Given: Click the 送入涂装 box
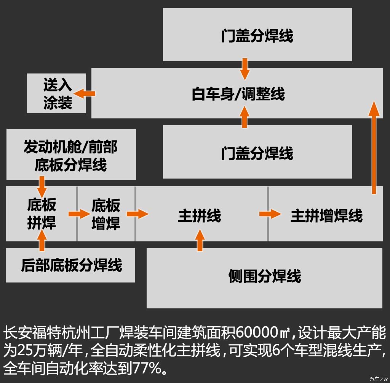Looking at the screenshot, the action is (56, 93).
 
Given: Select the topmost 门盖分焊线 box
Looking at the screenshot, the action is (257, 35).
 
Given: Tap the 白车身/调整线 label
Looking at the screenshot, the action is (238, 94).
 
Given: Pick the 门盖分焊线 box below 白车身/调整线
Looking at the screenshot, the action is (257, 152).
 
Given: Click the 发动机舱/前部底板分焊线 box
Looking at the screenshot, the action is (71, 154).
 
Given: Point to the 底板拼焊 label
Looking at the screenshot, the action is (42, 214).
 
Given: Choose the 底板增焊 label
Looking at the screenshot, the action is (106, 214).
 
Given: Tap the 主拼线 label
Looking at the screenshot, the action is (200, 215).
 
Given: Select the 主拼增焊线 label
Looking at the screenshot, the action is (326, 215).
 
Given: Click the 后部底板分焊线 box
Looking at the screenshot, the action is (70, 265).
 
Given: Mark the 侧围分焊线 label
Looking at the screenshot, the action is (265, 276).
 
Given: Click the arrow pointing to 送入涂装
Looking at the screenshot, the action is (84, 94).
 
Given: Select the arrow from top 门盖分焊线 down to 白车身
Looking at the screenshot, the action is (245, 69).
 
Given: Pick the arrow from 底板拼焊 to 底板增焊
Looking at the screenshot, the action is (79, 214).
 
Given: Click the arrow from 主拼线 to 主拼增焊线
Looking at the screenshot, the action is (270, 214).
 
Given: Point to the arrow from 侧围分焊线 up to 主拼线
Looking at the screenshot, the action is (200, 240).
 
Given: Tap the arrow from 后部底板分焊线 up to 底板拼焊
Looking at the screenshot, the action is (42, 240).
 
